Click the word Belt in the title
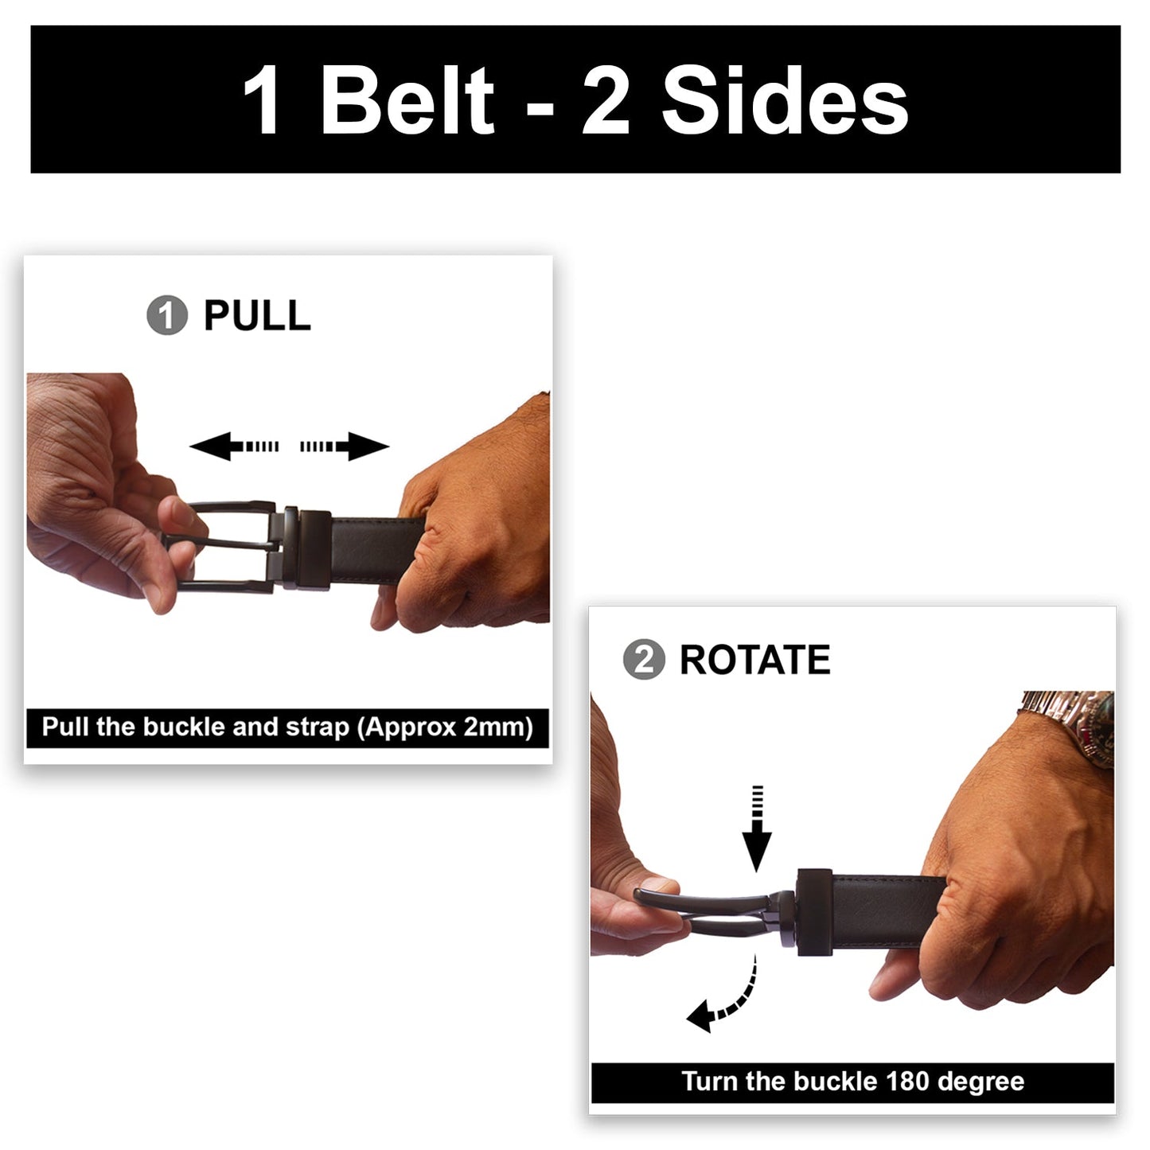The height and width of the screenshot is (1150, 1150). coord(407,99)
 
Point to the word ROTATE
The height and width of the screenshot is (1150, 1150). coord(755,660)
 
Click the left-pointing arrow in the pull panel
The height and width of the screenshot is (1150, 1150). coord(234,446)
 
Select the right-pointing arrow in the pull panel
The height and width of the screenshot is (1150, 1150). coord(345,446)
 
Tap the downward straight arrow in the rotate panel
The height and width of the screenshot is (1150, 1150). coord(757,829)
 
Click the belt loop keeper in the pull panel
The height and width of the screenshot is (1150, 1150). coord(314,550)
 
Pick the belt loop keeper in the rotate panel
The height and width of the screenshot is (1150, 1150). coord(815,913)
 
